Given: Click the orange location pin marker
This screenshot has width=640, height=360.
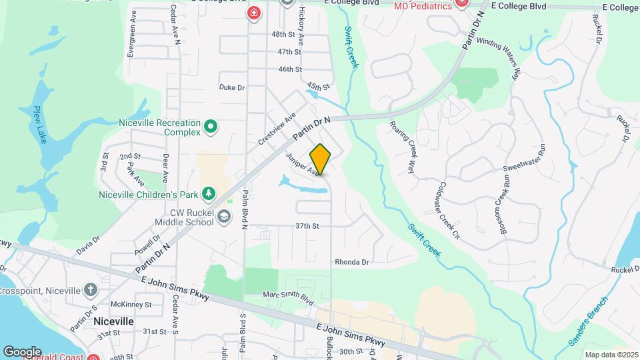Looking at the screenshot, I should point(321,159).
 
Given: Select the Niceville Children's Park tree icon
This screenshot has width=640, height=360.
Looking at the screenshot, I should point(209,193).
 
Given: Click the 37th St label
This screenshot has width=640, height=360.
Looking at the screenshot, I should point(307,226).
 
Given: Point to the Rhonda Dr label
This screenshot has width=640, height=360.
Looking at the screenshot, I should point(352,262).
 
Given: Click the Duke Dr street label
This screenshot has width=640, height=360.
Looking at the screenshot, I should point(232,87).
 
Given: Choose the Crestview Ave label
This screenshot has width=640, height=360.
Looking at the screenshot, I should point(277,129).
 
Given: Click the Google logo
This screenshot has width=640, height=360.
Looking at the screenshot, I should point(22,351).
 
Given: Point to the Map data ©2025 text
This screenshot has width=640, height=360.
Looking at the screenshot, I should point(611,355).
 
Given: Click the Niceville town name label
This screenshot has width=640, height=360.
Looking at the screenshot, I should point(114,321).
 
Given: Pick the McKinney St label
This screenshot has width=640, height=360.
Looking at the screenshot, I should point(131,305).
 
